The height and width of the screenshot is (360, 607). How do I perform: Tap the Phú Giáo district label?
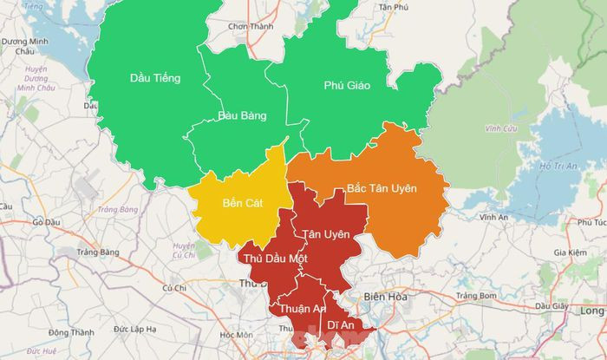point(346,85)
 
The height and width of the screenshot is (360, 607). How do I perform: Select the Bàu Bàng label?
point(242,115)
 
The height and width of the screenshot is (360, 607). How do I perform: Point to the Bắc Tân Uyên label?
point(382,188)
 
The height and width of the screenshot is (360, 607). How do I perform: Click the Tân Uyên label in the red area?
point(326,235)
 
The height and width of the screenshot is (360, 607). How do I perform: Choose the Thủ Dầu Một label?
point(275,259)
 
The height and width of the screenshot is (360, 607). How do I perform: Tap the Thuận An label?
point(302,309)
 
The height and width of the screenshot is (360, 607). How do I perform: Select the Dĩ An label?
point(341,324)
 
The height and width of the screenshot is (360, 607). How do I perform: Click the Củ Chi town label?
point(174,287)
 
